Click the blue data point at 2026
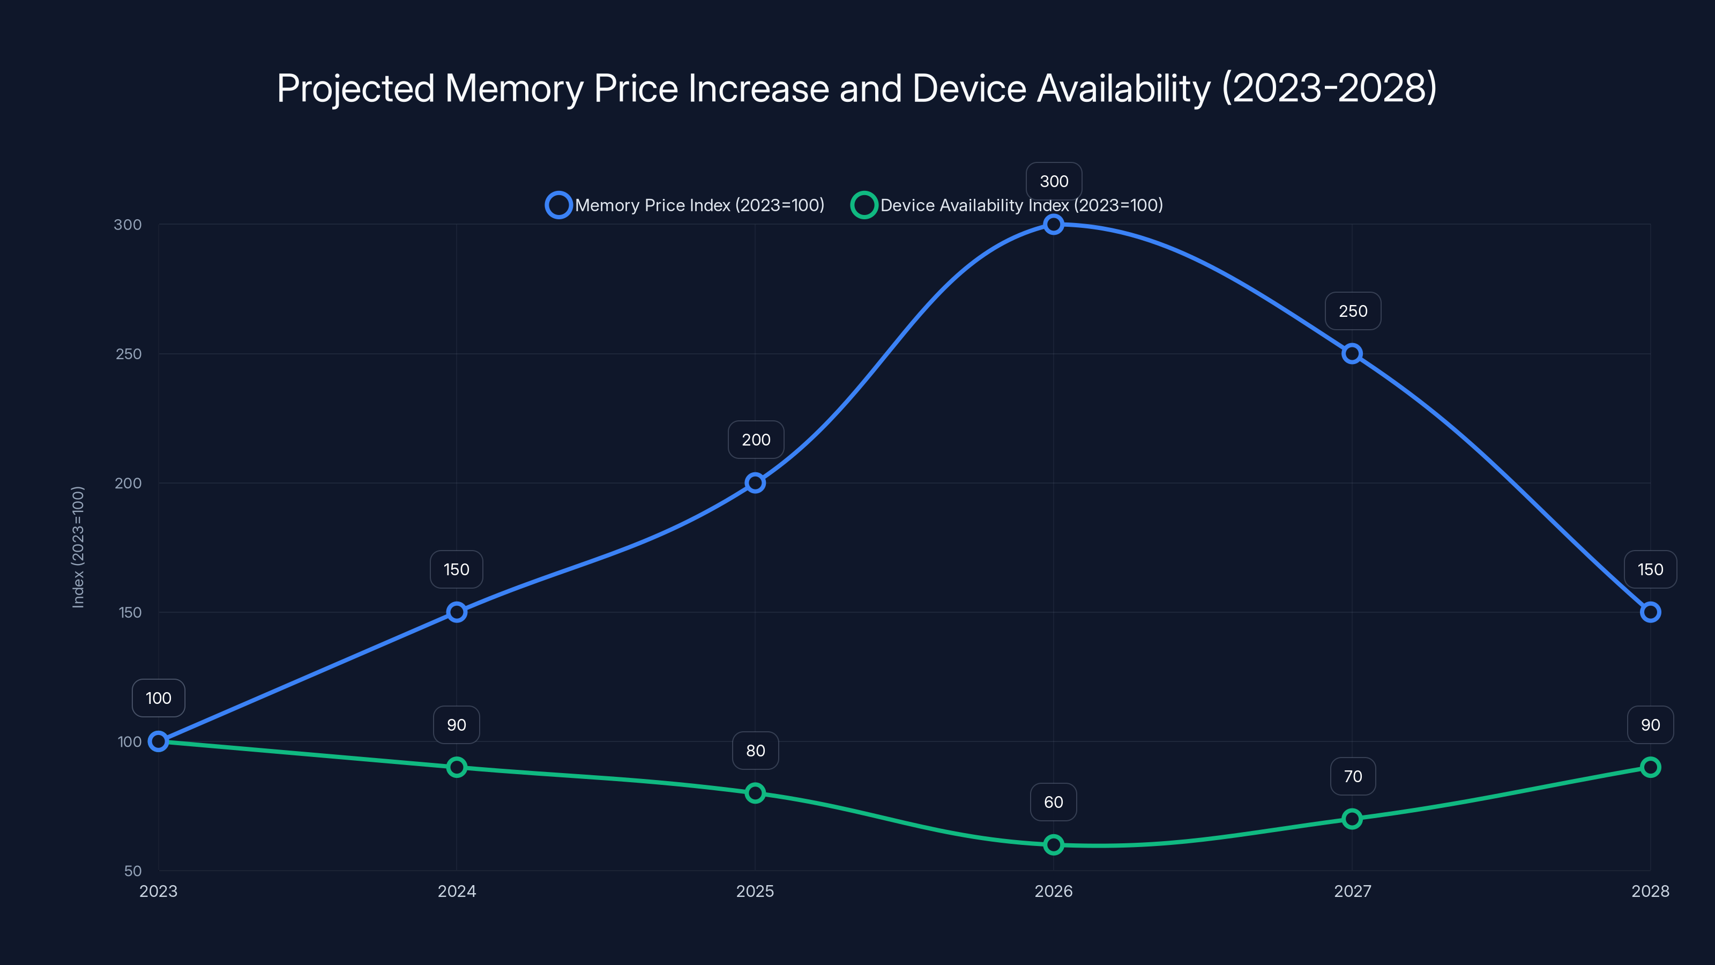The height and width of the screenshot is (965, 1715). pos(1053,225)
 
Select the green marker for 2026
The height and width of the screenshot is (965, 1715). pos(1053,844)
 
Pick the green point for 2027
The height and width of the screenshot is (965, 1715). pos(1352,819)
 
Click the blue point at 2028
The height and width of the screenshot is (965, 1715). pos(1650,612)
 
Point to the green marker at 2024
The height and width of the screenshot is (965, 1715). pos(457,767)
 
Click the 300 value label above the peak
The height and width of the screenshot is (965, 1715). pos(1054,181)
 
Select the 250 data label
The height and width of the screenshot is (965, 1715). pos(1353,311)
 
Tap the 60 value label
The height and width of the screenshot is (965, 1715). pos(1053,802)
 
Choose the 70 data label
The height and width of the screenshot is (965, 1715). pos(1353,776)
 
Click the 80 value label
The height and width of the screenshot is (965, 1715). pos(756,751)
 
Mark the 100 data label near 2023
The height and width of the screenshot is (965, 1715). pos(159,698)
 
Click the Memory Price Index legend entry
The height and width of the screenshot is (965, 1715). pos(686,205)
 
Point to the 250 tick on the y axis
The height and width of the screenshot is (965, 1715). pos(129,354)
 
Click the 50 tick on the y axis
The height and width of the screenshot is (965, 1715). pos(133,871)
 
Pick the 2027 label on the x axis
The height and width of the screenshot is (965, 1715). pos(1352,891)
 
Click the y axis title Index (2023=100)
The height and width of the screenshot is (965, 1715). pos(78,547)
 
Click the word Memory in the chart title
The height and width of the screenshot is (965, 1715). pos(514,88)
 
